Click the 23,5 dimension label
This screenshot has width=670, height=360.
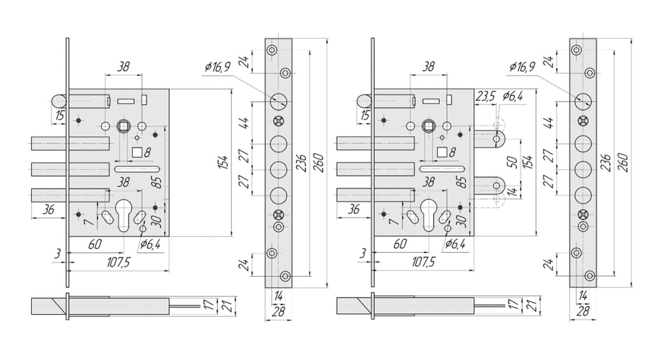(485, 96)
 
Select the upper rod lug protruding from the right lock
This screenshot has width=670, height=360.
(497, 138)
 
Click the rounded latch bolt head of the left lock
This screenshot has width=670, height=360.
(58, 102)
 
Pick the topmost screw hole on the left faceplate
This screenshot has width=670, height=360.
(272, 50)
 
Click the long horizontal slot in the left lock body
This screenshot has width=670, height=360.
(137, 169)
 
